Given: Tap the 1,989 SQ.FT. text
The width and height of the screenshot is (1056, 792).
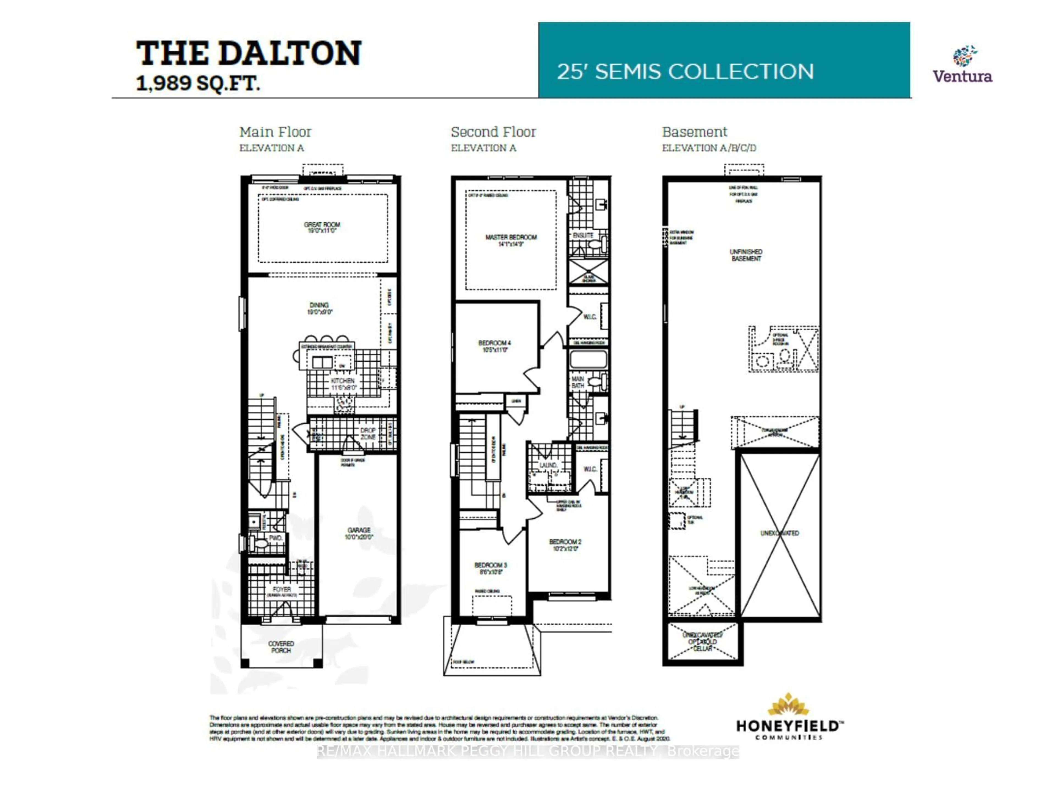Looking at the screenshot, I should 198,84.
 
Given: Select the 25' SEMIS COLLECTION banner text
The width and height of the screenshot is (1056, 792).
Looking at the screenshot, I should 685,71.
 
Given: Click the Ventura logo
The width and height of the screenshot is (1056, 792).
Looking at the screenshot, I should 963,64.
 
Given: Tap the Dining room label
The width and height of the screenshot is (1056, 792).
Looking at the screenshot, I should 319,308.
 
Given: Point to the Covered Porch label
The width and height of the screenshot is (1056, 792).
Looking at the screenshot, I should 281,647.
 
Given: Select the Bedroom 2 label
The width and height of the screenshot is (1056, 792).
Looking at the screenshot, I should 565,545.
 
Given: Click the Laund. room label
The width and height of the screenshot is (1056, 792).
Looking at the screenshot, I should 548,465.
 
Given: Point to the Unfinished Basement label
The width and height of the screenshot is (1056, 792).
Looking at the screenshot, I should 746,255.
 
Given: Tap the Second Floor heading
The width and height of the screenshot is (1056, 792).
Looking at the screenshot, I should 493,132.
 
